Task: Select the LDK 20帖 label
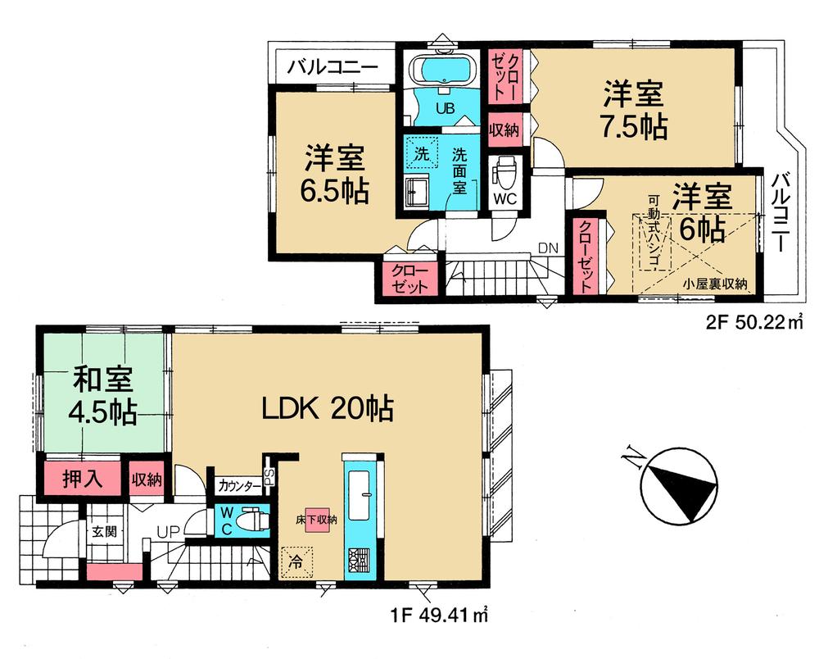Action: pos(328,407)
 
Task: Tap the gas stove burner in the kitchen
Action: pos(359,560)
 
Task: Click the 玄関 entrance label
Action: pos(103,531)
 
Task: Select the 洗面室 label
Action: pos(460,170)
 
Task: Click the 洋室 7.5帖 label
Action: pos(635,110)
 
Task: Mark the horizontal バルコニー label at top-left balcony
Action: pos(333,66)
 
